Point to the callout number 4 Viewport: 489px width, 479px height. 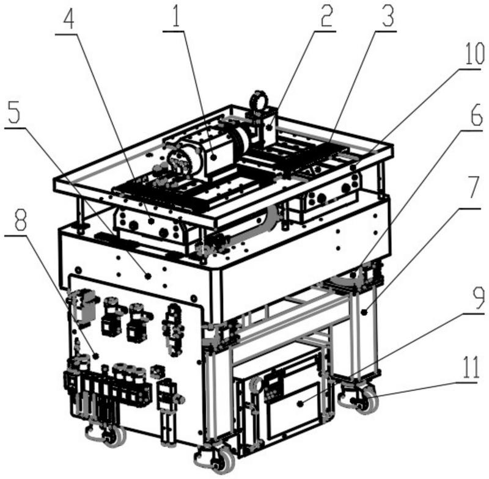click(x=68, y=19)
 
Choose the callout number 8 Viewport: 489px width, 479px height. click(x=20, y=220)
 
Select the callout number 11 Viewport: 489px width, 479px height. click(x=469, y=368)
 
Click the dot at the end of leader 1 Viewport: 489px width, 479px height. click(x=213, y=157)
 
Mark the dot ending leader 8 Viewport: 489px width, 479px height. click(x=96, y=356)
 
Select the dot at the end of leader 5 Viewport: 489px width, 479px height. click(x=149, y=276)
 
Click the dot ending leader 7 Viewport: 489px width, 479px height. click(x=364, y=312)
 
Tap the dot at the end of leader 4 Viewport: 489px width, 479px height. click(x=152, y=221)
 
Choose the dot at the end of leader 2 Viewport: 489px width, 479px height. click(x=270, y=127)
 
